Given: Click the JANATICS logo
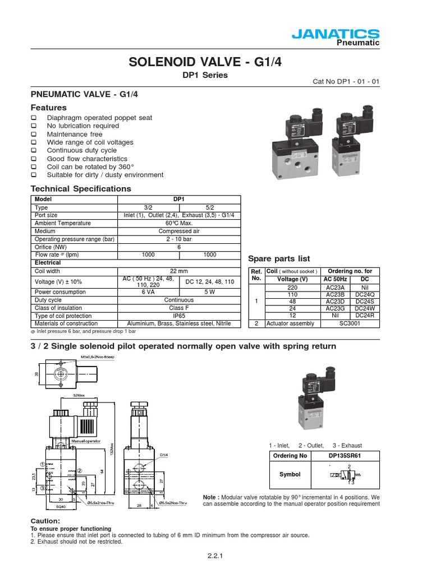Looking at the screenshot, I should (x=336, y=35).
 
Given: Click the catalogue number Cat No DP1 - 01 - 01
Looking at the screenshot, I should (x=346, y=81).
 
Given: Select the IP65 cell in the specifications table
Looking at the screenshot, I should (x=178, y=316).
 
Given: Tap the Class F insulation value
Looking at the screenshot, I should (x=178, y=308).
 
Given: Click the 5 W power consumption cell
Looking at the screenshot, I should (x=209, y=292).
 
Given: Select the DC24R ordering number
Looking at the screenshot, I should (x=365, y=316).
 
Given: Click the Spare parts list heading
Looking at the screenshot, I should (x=279, y=258).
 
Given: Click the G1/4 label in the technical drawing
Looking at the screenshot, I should (x=164, y=455).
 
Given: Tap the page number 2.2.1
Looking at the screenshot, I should (x=215, y=556).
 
